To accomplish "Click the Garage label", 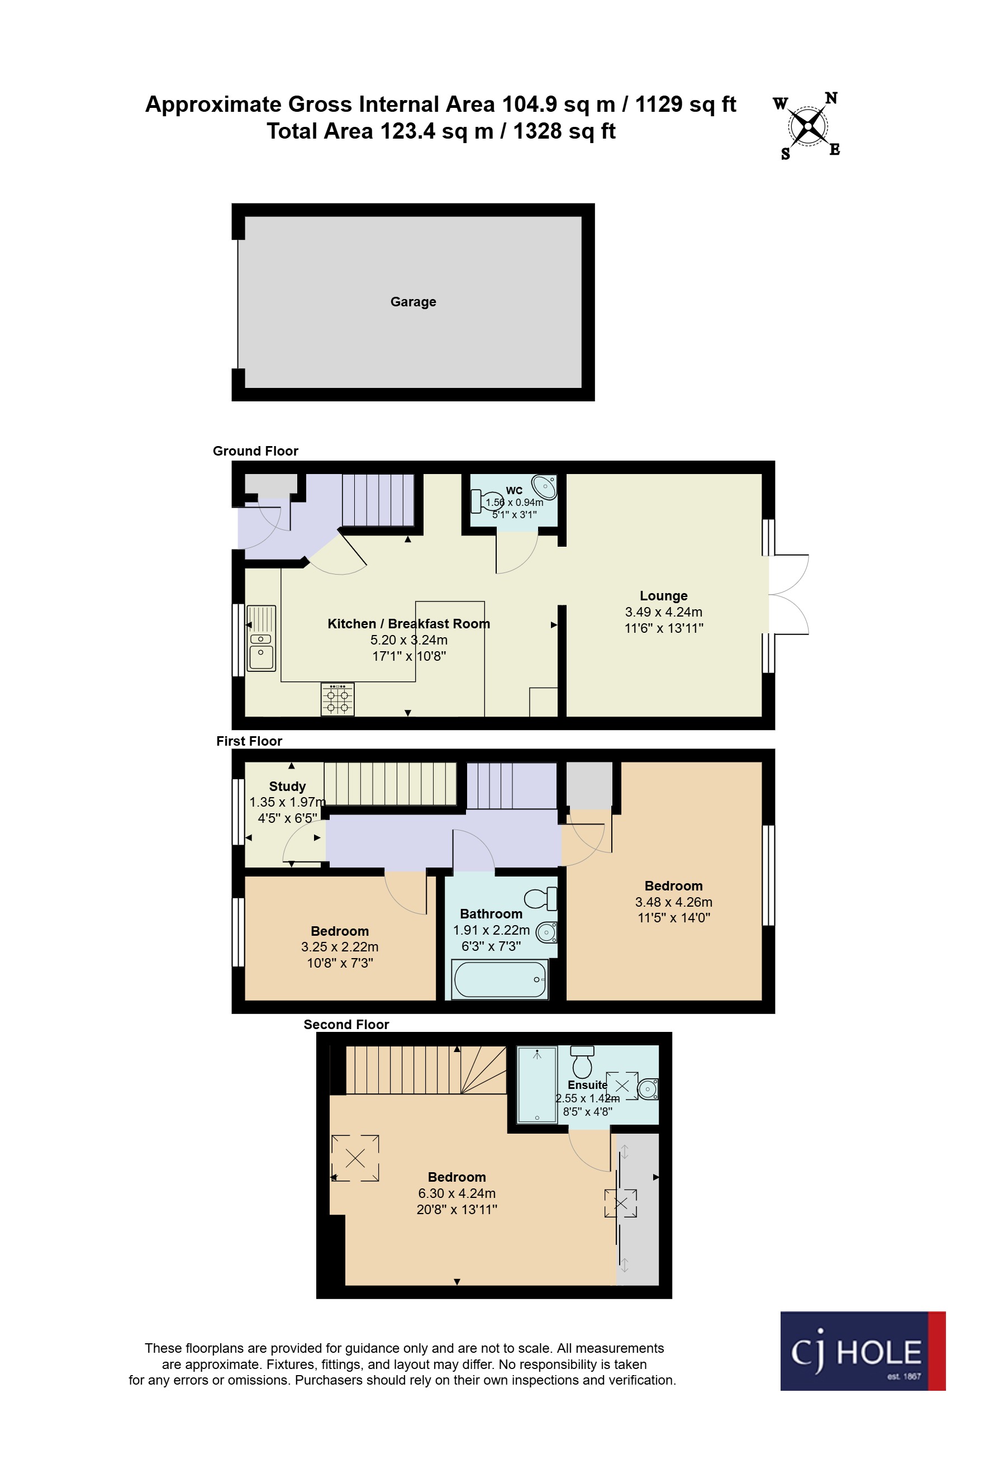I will coord(413,302).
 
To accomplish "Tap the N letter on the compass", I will coord(831,98).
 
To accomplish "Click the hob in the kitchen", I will coord(337,699).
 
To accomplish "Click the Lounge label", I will coord(664,595).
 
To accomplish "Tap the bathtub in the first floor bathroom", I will coord(500,979).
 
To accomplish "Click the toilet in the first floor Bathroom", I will coord(541,898).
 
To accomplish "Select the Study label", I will coord(287,786).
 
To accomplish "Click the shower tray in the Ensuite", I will coord(536,1085).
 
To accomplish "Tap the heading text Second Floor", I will coord(346,1024).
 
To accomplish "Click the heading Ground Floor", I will coord(255,451).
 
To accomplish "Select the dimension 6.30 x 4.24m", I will coord(457,1193).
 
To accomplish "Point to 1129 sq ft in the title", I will coord(686,105).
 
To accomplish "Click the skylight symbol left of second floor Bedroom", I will coord(355,1158).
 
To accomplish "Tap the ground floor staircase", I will coord(378,500).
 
